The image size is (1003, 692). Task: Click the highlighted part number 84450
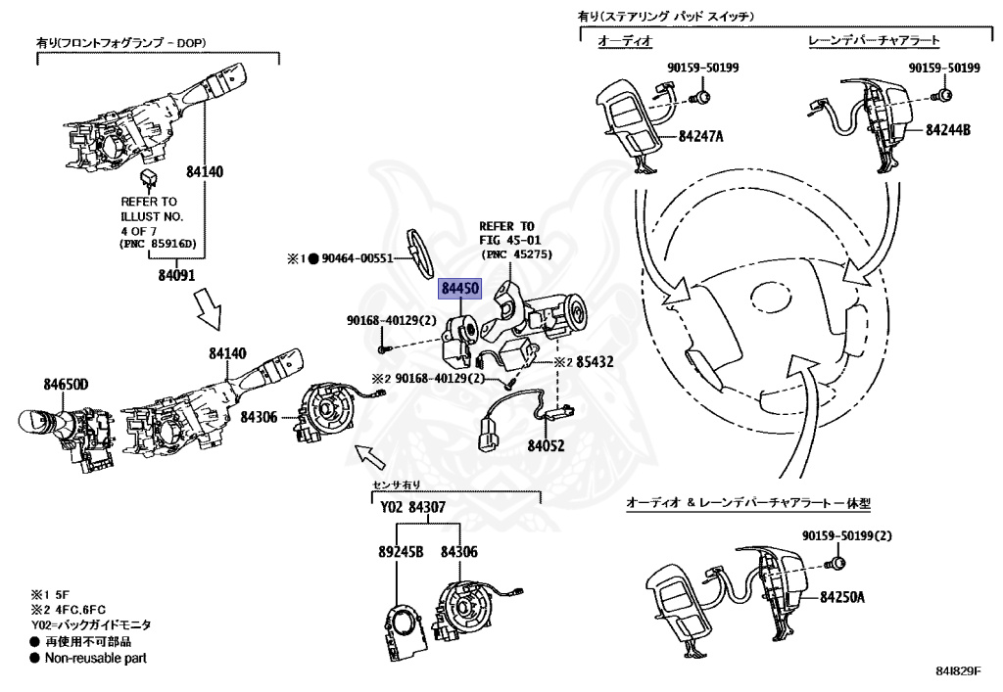pos(460,289)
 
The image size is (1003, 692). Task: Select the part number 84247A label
pos(700,136)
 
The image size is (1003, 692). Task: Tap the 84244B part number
pos(948,130)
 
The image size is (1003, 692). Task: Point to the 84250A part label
pos(842,597)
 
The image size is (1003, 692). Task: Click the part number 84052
pos(546,445)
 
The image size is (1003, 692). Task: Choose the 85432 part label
pos(595,361)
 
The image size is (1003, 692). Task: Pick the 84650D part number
pos(66,384)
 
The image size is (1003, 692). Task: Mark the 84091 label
pos(176,275)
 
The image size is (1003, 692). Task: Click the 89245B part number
pos(401,551)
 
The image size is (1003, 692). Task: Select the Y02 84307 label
pos(412,507)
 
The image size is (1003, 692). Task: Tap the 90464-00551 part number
pos(357,258)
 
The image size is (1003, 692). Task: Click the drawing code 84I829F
pos(958,670)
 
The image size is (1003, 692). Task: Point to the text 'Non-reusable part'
pos(95,658)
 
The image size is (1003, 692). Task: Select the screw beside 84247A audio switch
pos(701,97)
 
